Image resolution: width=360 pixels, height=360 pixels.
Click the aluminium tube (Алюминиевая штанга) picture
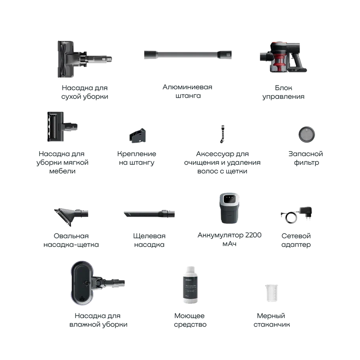[188, 55]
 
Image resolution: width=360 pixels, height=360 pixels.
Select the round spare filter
[307, 134]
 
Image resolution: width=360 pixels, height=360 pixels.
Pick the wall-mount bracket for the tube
[138, 136]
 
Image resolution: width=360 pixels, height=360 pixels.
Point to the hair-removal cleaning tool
[222, 134]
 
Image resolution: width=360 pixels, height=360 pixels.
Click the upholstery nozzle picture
[62, 126]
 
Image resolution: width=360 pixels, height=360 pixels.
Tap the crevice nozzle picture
[149, 214]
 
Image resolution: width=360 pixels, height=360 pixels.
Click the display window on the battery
[229, 199]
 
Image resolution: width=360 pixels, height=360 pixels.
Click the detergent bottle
[190, 285]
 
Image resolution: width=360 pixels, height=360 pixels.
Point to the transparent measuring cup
[271, 293]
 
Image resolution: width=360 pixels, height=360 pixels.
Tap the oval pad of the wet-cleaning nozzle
[82, 283]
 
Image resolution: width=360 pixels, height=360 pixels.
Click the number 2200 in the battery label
[253, 235]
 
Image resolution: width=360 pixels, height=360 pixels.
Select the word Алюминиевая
[187, 87]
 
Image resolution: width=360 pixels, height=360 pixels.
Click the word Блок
[284, 88]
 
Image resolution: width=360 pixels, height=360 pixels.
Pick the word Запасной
[305, 154]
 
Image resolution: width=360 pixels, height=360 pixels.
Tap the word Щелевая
[149, 236]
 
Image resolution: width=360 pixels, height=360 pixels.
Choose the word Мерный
[271, 316]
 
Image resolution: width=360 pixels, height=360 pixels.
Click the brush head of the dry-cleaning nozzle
[66, 59]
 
